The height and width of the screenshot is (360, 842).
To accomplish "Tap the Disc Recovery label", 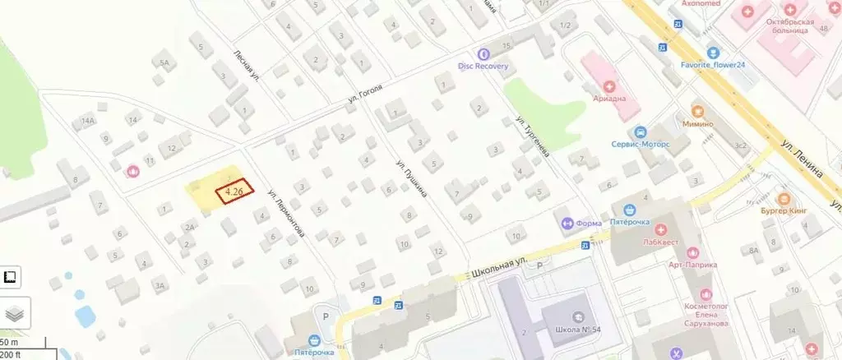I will click(483, 66).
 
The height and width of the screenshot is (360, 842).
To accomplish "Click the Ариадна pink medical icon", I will click(609, 85).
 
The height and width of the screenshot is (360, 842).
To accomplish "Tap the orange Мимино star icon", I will click(697, 109).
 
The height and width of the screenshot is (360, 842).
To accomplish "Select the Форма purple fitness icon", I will click(567, 223).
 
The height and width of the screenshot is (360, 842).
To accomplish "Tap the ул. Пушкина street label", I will click(410, 180).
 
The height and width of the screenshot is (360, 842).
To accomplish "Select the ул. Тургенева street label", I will click(533, 135).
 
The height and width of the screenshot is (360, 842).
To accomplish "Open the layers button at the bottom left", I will click(15, 313).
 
